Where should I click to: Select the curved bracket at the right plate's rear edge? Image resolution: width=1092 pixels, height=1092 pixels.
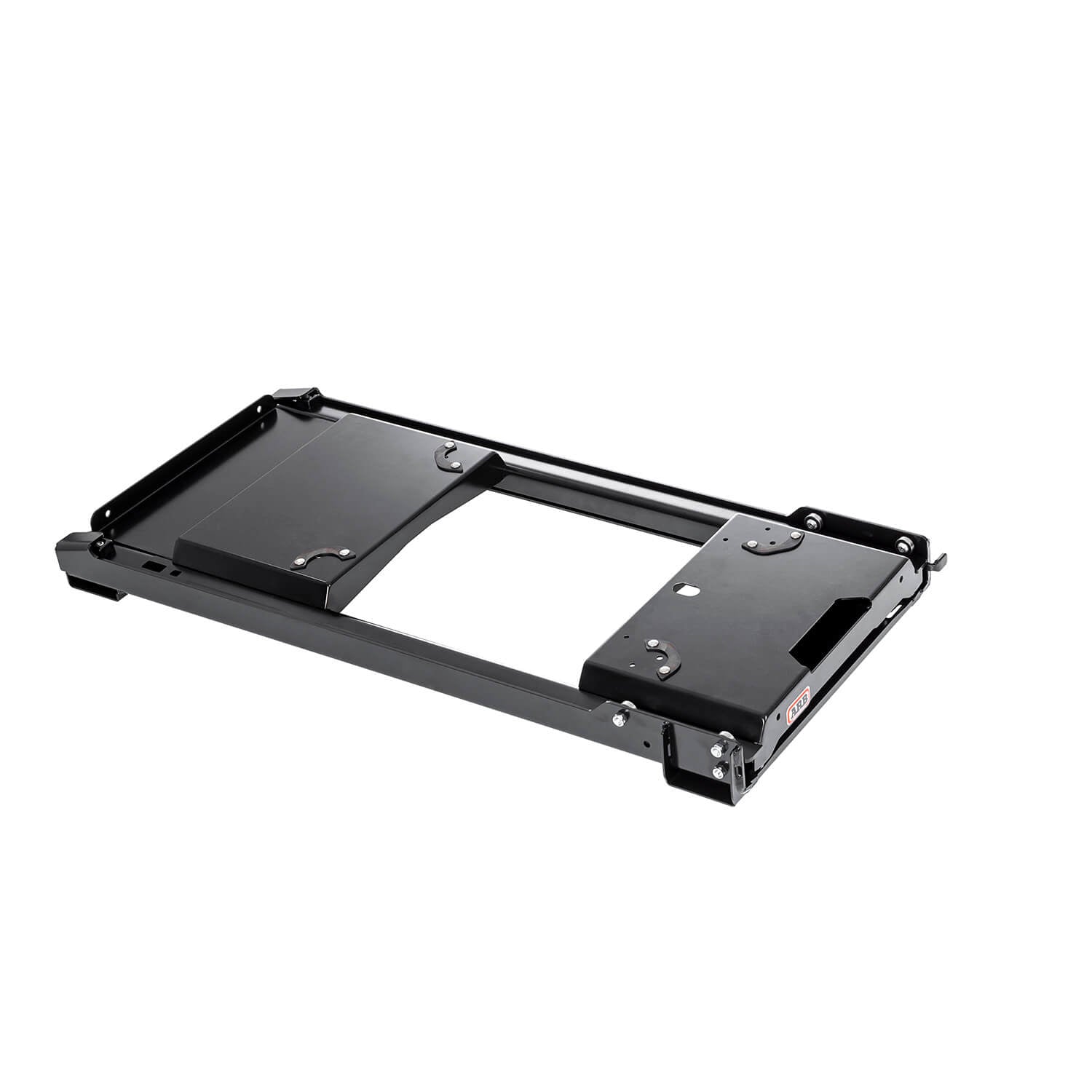click(x=772, y=542)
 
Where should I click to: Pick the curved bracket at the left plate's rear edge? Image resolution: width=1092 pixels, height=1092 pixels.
click(x=449, y=456)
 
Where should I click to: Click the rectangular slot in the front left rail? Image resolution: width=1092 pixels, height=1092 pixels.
click(x=154, y=565)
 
